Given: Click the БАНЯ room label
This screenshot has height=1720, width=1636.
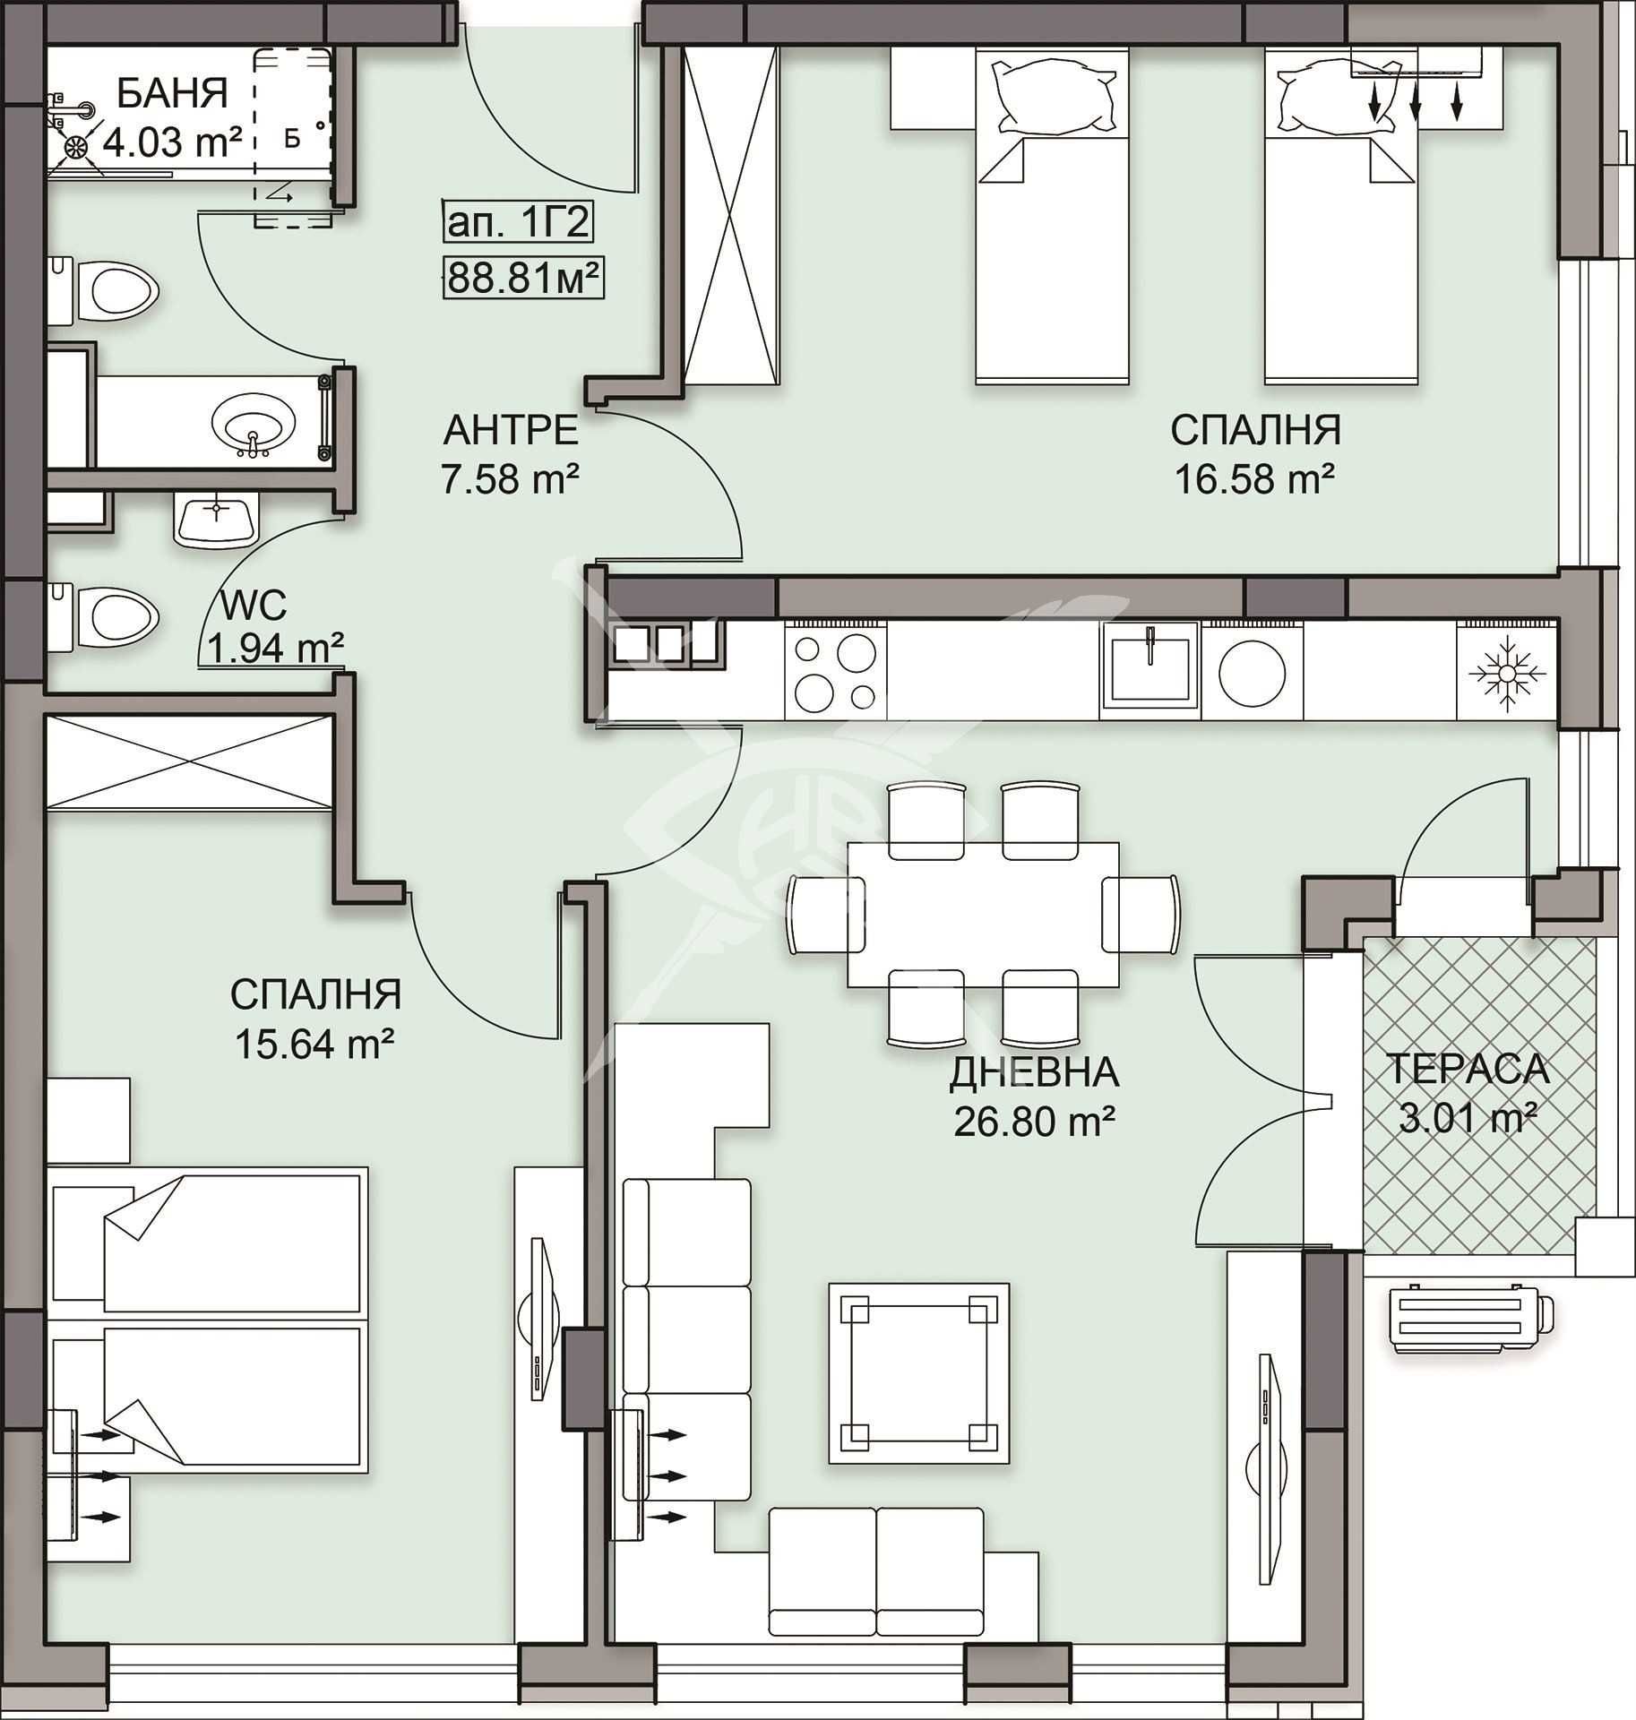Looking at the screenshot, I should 172,94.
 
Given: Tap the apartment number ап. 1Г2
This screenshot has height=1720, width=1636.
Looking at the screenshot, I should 518,222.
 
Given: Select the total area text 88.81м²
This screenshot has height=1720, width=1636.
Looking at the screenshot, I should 523,279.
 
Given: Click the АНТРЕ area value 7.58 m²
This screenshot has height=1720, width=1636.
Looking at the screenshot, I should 510,479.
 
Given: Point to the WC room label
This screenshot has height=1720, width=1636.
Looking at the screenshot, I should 254,606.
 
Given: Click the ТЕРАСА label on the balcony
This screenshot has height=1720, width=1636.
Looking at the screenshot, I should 1468,1069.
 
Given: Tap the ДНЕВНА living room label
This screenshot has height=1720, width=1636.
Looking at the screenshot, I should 1034,1072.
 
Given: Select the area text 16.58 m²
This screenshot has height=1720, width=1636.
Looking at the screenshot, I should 1254,479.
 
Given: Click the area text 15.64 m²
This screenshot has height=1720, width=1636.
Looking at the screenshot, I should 314,1044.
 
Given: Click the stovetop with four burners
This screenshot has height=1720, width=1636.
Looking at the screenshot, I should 835,671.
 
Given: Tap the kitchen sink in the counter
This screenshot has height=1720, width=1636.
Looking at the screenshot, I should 1150,670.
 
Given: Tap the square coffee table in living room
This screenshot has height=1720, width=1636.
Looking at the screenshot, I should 918,1373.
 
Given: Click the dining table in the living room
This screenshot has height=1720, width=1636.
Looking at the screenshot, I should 983,915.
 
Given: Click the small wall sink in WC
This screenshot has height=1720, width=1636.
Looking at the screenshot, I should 216,520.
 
